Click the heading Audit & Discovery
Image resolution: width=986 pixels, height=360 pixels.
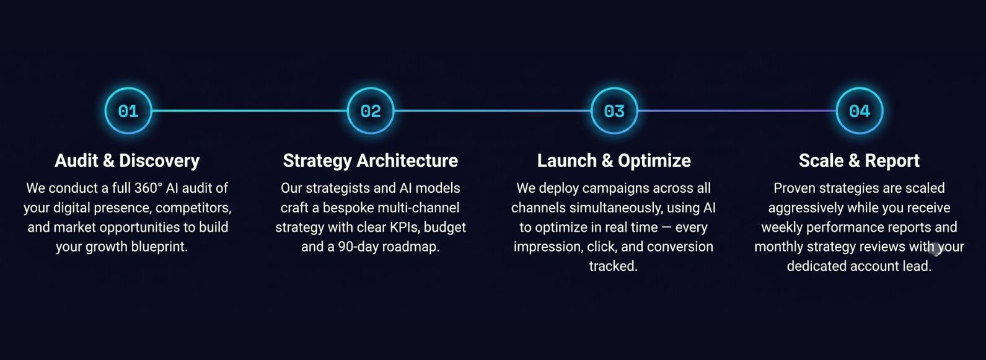click(x=127, y=160)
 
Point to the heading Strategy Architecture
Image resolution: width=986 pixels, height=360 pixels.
click(x=371, y=160)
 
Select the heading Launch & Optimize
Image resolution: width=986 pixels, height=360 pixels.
click(x=614, y=160)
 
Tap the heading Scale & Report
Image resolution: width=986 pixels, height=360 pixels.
click(x=859, y=160)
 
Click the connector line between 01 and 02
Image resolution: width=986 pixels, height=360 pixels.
click(x=250, y=111)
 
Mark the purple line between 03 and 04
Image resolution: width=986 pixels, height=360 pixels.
click(x=737, y=111)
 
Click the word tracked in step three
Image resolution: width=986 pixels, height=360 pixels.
click(x=613, y=266)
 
